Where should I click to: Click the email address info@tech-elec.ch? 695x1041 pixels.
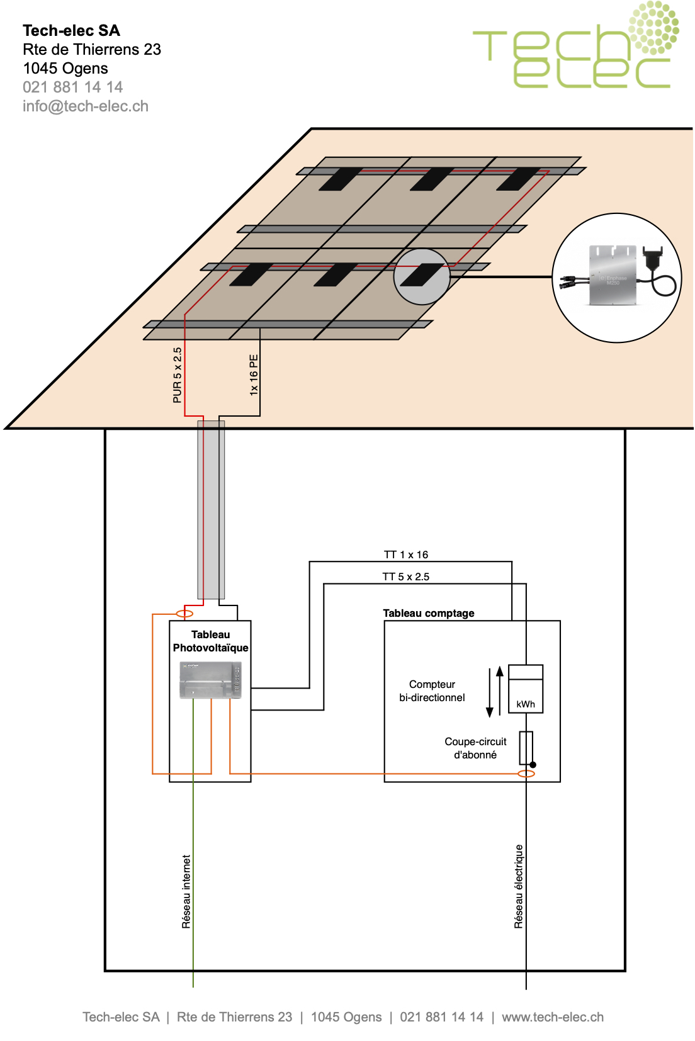(x=86, y=106)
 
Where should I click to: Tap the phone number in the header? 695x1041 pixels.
(x=73, y=87)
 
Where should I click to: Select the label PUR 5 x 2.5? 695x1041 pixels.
(x=178, y=374)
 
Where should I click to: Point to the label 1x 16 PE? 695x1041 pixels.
(x=254, y=374)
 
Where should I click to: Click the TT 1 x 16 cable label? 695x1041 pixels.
(x=406, y=554)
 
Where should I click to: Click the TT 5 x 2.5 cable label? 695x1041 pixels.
(x=406, y=577)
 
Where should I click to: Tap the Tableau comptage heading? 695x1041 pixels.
(x=429, y=613)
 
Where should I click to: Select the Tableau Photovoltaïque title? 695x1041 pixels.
(x=210, y=641)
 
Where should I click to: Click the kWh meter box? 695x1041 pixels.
(x=526, y=689)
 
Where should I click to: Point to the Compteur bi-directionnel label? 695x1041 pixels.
(x=432, y=691)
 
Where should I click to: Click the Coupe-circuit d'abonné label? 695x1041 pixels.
(x=475, y=748)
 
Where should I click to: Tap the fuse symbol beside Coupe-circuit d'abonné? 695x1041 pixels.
(x=526, y=747)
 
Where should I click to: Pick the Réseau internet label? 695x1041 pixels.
(x=186, y=891)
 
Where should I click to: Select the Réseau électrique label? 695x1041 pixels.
(x=519, y=886)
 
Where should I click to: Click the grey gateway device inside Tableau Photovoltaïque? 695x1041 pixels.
(x=210, y=680)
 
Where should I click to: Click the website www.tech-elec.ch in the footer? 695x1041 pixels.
(x=553, y=1017)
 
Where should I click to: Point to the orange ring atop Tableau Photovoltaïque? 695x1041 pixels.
(x=184, y=614)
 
